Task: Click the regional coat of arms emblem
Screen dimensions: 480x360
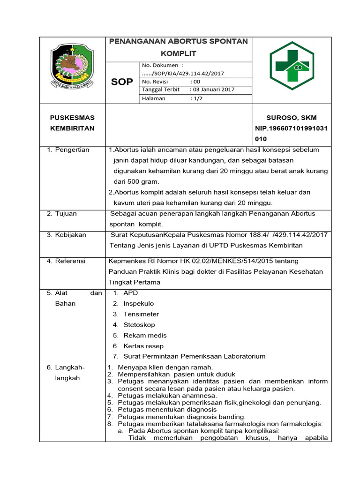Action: pos(72,67)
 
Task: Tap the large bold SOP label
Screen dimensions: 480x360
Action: pos(122,82)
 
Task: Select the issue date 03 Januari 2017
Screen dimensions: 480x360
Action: pos(212,89)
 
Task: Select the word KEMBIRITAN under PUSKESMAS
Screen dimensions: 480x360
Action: pos(72,128)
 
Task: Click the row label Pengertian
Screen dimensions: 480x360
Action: pos(75,150)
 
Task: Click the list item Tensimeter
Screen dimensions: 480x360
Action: pos(141,314)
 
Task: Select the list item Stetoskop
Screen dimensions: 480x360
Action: pos(139,324)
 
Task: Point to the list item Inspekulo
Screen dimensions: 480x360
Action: pos(139,303)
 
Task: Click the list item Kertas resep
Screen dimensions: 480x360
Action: pos(143,345)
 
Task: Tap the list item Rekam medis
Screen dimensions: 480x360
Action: pos(145,335)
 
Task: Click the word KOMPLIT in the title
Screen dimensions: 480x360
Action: pos(178,53)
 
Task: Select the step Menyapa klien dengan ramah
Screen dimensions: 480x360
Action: pos(165,367)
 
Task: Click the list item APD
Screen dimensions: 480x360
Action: pos(131,292)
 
